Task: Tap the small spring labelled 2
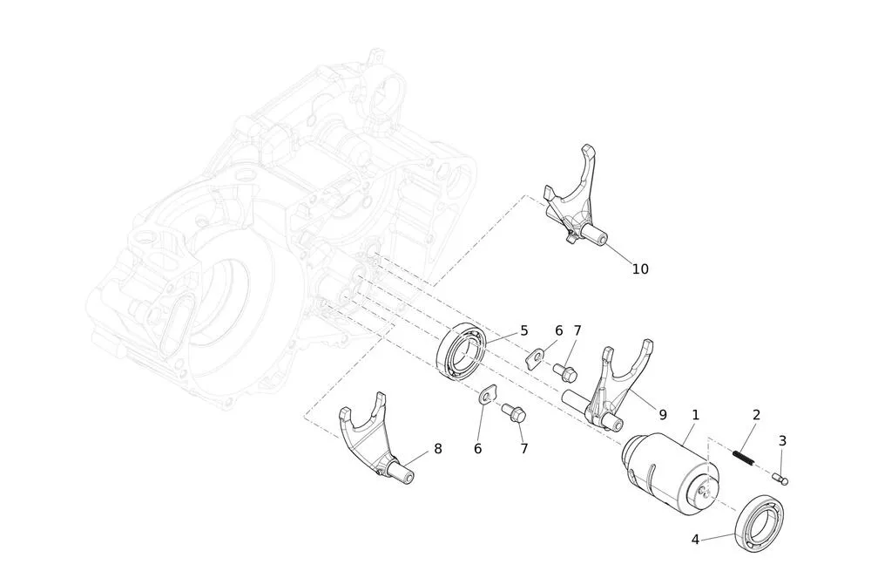tap(744, 457)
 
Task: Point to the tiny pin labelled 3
tap(780, 478)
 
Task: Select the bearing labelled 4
tap(760, 524)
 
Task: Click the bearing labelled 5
tap(461, 350)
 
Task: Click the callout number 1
tap(695, 415)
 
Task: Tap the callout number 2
tap(756, 415)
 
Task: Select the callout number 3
tap(782, 441)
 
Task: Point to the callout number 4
tap(695, 540)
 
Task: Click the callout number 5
tap(523, 330)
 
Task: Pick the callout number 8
tap(438, 448)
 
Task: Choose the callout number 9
tap(663, 415)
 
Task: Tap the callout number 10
tap(640, 269)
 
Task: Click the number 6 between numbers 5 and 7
tap(558, 330)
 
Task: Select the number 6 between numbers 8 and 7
tap(477, 448)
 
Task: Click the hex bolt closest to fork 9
tap(565, 370)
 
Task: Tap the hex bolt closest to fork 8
tap(514, 413)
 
